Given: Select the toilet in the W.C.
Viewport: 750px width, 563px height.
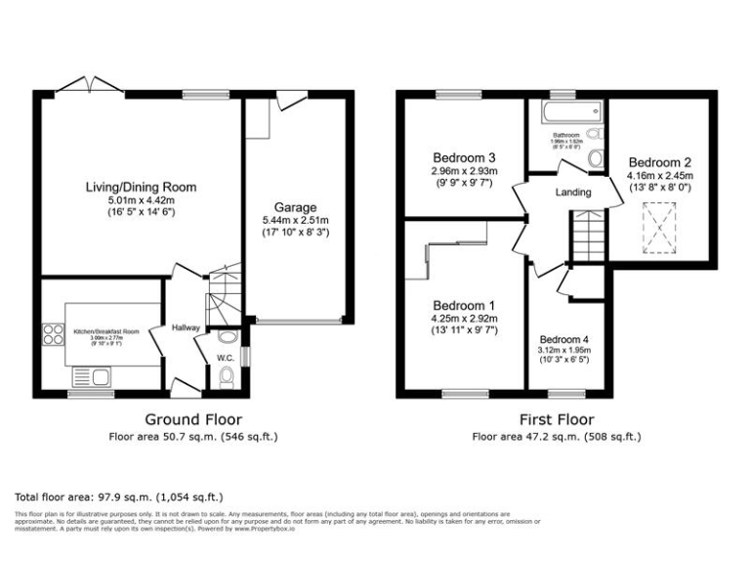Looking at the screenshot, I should click(x=227, y=338).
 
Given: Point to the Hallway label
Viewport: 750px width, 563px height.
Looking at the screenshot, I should click(x=186, y=328).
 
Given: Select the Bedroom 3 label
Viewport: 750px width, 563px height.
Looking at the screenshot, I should click(x=464, y=157).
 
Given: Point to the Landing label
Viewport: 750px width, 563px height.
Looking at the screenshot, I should click(x=574, y=193).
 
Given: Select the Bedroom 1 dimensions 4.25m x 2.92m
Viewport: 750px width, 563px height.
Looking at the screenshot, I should click(x=464, y=319).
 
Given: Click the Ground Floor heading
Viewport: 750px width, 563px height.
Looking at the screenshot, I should click(x=192, y=420).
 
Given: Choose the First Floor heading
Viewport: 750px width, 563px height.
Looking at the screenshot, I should click(x=557, y=420).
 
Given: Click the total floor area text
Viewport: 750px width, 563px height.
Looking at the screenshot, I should click(x=120, y=497).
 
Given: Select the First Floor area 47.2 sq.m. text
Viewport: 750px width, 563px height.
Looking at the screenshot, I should click(x=557, y=437).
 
